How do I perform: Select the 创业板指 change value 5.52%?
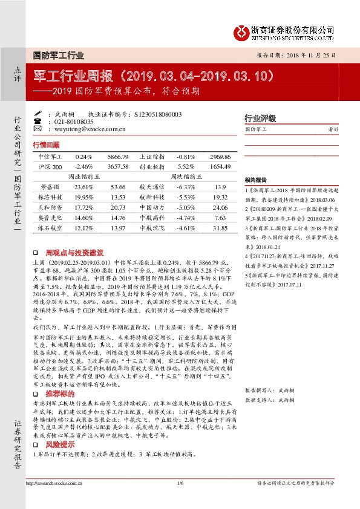(168, 166)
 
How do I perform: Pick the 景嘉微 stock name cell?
(51, 187)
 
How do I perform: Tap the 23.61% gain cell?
(84, 187)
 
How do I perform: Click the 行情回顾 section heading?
(47, 146)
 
